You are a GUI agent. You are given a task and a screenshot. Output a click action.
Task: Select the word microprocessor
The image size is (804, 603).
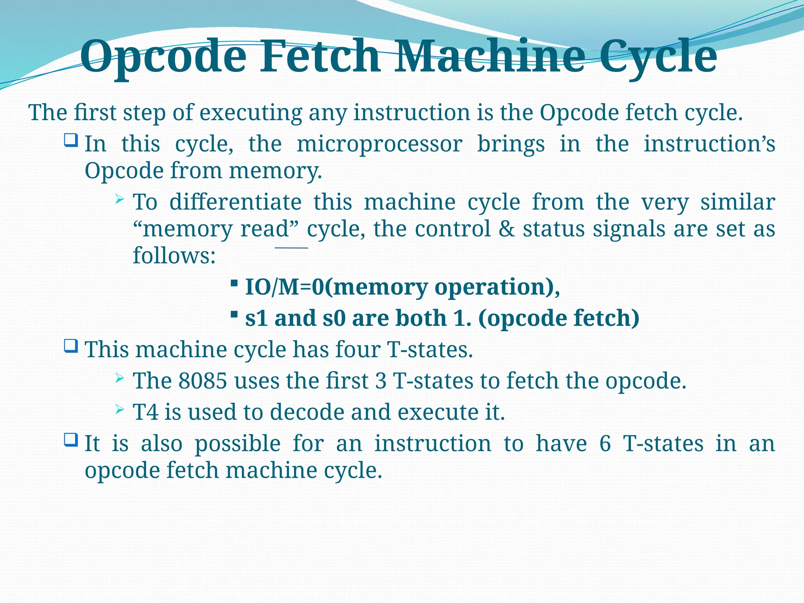379,144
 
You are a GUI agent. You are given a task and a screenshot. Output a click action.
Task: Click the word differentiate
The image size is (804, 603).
236,202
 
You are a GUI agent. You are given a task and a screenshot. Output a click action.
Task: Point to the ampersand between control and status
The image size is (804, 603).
506,229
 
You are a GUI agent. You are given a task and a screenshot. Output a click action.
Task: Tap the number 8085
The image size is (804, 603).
203,380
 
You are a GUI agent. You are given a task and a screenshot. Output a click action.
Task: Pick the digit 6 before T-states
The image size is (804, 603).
605,444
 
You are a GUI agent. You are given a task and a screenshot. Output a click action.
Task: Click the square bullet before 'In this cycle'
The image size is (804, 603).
71,140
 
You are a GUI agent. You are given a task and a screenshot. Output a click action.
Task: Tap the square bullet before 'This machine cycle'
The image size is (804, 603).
71,346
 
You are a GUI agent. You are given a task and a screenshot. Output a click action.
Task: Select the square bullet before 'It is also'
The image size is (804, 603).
71,440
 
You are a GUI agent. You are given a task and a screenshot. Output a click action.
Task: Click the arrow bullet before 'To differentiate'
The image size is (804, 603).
120,200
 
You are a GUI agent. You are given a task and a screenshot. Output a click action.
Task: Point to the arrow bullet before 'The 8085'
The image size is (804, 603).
120,378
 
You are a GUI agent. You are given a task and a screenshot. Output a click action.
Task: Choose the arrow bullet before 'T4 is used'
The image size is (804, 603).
120,410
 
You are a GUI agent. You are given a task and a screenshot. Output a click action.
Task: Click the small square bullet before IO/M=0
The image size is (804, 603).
234,283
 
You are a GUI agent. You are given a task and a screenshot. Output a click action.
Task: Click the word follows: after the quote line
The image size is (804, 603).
174,256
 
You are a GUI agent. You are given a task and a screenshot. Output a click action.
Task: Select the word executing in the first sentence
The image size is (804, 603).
250,113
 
